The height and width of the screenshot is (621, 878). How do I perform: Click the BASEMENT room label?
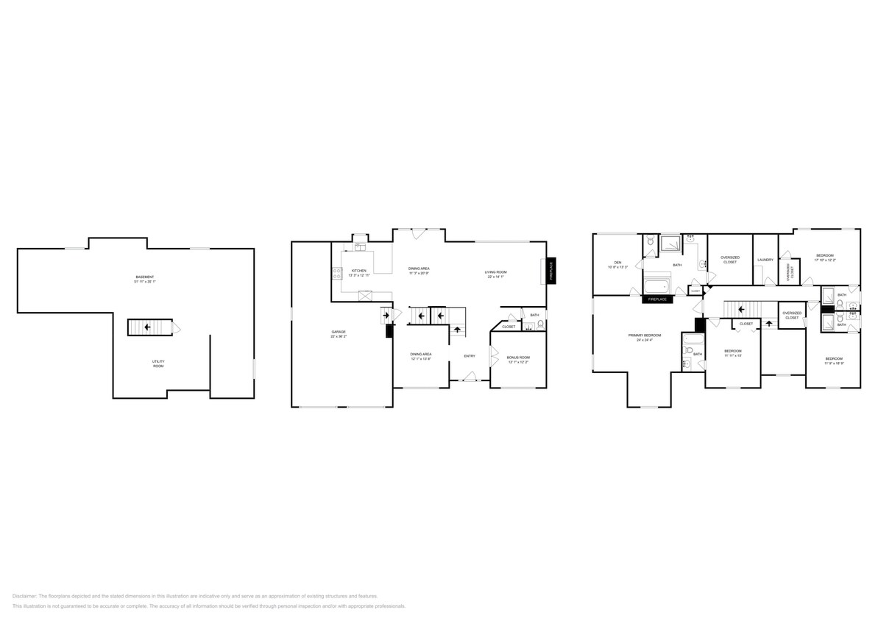pyautogui.click(x=144, y=277)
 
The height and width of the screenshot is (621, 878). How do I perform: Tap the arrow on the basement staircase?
pyautogui.click(x=147, y=327)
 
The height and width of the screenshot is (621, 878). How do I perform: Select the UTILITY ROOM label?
pyautogui.click(x=158, y=363)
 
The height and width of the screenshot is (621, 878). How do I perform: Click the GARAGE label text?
pyautogui.click(x=338, y=333)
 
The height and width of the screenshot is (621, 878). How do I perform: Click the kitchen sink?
pyautogui.click(x=360, y=247)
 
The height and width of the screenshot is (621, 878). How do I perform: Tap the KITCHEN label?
pyautogui.click(x=358, y=271)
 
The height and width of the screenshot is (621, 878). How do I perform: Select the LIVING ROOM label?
pyautogui.click(x=495, y=272)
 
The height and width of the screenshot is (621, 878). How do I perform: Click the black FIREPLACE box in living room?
pyautogui.click(x=550, y=271)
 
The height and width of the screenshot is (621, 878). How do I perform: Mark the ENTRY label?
pyautogui.click(x=469, y=356)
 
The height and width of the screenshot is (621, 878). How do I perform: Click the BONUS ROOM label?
pyautogui.click(x=518, y=358)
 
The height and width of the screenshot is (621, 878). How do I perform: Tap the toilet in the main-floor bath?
pyautogui.click(x=541, y=327)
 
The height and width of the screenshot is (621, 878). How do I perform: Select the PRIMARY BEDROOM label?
pyautogui.click(x=644, y=336)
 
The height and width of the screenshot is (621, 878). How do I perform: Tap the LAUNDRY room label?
pyautogui.click(x=765, y=260)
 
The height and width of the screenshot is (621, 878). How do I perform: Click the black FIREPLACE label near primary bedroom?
pyautogui.click(x=657, y=299)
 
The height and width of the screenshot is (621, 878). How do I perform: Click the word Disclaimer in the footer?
pyautogui.click(x=24, y=596)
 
